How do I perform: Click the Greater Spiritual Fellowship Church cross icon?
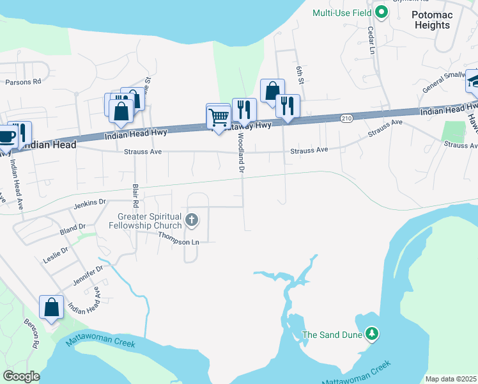191,221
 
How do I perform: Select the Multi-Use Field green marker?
382,12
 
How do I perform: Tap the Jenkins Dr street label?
89,202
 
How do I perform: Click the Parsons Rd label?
23,82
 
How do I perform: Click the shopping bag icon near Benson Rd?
51,307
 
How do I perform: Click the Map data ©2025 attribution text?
451,379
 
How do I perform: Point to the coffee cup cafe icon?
6,137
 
